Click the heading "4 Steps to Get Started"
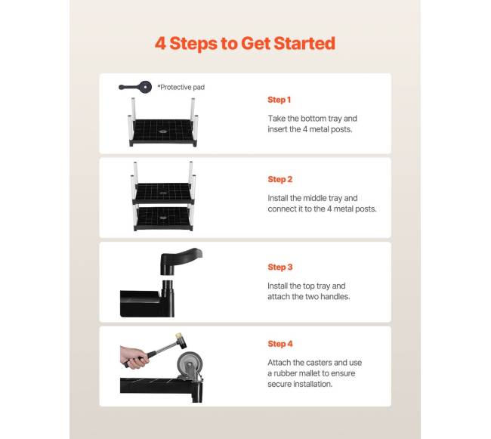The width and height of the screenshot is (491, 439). click(246, 43)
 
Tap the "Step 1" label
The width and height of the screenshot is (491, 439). click(279, 100)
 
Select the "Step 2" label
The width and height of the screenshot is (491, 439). click(280, 179)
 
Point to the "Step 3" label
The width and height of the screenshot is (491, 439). click(280, 267)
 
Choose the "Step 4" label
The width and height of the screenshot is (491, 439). click(280, 344)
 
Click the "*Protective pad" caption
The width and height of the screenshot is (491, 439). click(181, 88)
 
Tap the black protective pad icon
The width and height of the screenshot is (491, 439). click(135, 87)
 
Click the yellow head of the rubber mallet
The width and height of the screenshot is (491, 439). click(179, 337)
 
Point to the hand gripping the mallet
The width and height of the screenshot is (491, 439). click(134, 357)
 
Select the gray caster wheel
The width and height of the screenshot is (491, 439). click(190, 365)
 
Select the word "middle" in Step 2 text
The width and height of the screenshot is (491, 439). click(314, 198)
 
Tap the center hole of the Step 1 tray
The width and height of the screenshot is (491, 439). click(162, 131)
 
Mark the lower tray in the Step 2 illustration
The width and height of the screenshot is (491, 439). click(163, 218)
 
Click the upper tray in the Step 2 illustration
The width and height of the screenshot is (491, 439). click(163, 193)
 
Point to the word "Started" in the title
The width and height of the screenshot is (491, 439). click(304, 43)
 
